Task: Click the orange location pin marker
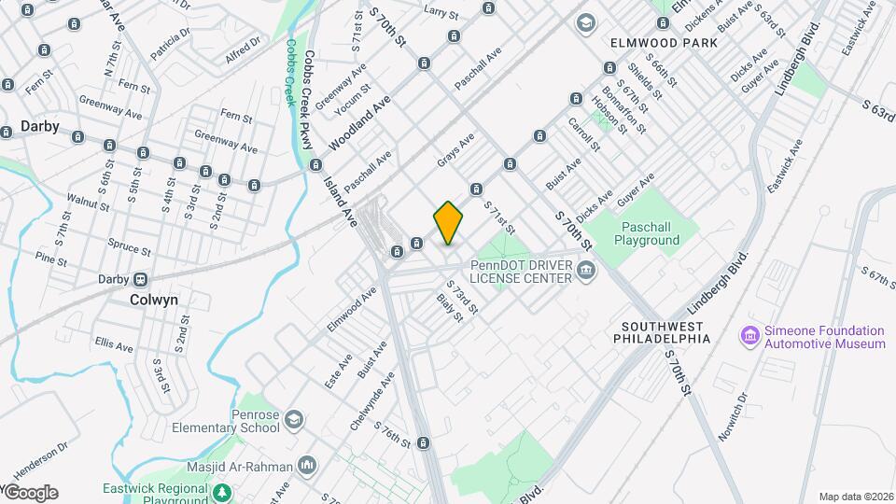click(449, 222)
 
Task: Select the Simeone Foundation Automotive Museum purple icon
click(749, 335)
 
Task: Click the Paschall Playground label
click(647, 233)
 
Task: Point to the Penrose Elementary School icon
click(295, 418)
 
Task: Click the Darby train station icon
click(141, 279)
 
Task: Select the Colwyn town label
click(154, 300)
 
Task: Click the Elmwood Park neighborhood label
click(664, 43)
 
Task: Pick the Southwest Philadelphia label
click(662, 331)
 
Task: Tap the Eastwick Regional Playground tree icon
click(221, 492)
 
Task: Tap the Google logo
click(30, 493)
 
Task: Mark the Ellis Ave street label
click(112, 344)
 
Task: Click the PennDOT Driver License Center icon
click(586, 272)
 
